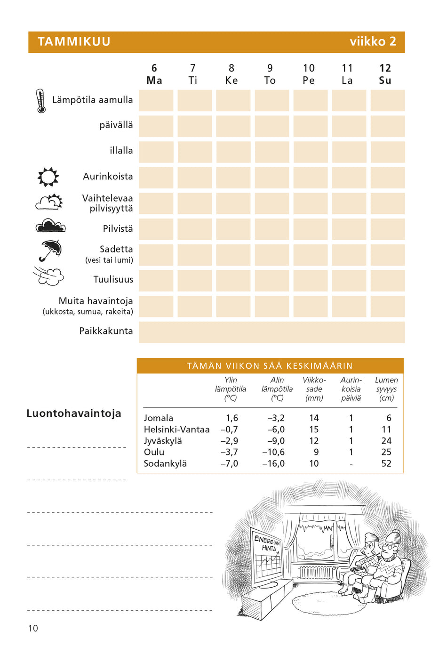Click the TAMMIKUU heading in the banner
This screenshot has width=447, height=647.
pos(74,41)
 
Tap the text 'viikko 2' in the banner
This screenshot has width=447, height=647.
pos(373,41)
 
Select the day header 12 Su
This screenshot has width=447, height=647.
pos(385,74)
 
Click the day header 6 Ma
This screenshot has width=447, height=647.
pos(154,74)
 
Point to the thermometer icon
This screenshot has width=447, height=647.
pos(41,101)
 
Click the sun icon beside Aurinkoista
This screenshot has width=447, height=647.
pos(48,177)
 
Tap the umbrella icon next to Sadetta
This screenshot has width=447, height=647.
pos(50,250)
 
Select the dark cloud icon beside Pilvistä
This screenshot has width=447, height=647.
pos(50,226)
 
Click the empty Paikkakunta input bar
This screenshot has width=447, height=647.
pos(271,332)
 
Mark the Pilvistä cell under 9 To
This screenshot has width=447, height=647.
pos(271,229)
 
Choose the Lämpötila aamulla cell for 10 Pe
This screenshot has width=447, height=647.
pos(310,101)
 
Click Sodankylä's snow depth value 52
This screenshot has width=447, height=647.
pos(386,463)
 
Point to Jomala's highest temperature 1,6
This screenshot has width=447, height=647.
pos(232,418)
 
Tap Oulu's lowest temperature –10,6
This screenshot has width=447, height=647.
pos(273,452)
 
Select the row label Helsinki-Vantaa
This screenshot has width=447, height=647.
pos(176,429)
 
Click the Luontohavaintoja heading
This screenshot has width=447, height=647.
pos(74,413)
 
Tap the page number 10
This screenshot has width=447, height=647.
pos(33,628)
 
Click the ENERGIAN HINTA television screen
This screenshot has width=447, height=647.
pos(267,558)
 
